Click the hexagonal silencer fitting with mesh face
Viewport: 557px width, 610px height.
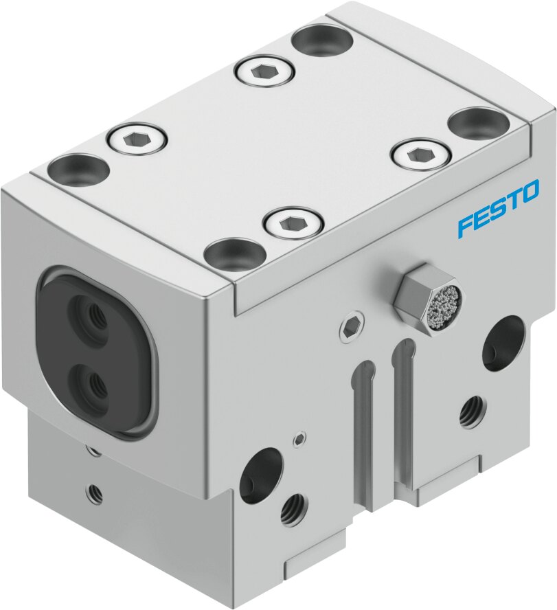[x=424, y=300]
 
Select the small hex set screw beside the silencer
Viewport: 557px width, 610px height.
[x=352, y=328]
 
